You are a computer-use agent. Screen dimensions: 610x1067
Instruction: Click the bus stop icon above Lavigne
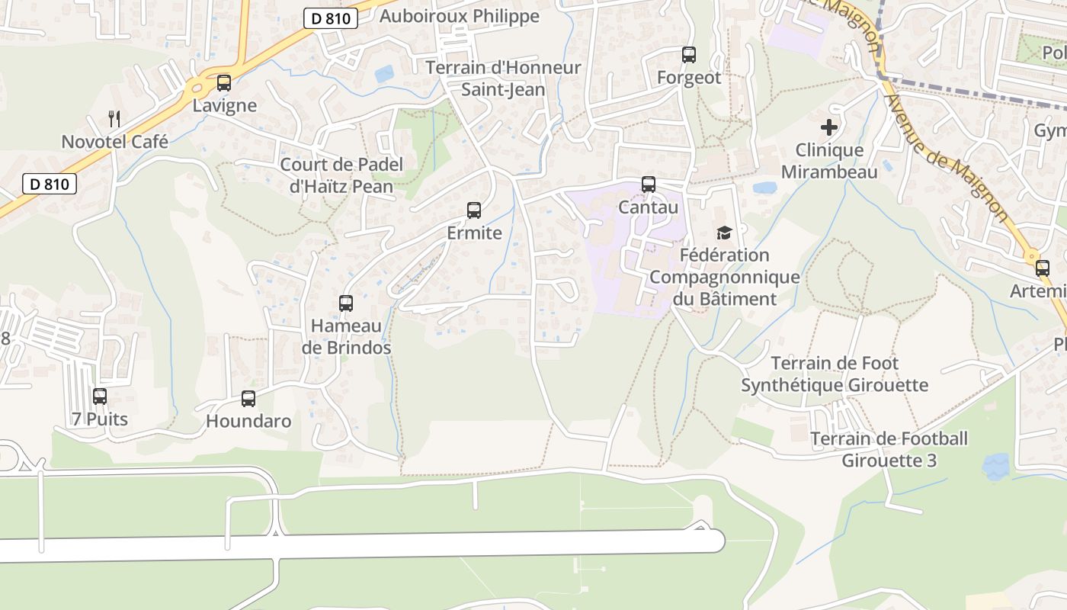click(223, 83)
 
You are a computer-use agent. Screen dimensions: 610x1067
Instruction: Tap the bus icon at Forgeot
click(689, 55)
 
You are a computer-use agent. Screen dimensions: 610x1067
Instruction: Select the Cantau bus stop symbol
click(649, 185)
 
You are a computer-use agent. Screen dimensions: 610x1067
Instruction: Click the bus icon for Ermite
click(474, 210)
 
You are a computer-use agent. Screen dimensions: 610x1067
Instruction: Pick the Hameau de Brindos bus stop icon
click(346, 303)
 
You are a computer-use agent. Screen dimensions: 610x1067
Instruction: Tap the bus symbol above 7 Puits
click(100, 396)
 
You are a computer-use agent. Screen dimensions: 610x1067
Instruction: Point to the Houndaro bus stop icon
click(248, 399)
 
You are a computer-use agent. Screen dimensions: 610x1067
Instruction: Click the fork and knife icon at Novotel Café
click(114, 119)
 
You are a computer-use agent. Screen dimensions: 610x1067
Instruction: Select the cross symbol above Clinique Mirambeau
click(829, 127)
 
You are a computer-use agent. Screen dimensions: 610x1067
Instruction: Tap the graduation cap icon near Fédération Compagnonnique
click(724, 233)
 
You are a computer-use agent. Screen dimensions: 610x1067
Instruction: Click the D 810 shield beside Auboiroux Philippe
click(331, 19)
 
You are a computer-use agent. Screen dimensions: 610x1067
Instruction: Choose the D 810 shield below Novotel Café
click(50, 184)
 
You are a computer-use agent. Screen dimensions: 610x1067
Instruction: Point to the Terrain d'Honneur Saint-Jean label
click(503, 79)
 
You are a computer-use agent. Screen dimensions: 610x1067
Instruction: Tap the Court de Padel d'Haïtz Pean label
click(341, 175)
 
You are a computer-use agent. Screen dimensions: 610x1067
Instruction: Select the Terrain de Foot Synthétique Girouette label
click(835, 374)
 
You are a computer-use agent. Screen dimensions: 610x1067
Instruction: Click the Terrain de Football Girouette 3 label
click(889, 449)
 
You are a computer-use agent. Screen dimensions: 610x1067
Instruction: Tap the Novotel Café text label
click(114, 142)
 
